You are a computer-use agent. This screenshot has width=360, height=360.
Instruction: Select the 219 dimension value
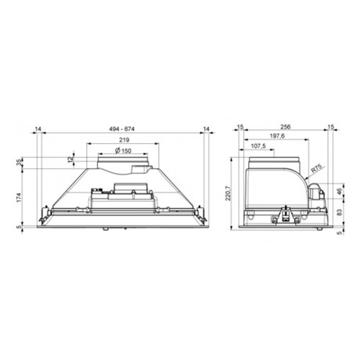[x=124, y=140]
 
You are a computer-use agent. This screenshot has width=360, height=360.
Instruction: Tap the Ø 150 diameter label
[x=123, y=150]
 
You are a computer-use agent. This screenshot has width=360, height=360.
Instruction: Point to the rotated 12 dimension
[x=70, y=159]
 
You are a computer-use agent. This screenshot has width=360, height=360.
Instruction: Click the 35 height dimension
[x=19, y=163]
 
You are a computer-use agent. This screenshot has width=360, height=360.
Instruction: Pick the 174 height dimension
[x=19, y=197]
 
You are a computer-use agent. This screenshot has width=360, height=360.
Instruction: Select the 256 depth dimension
[x=286, y=127]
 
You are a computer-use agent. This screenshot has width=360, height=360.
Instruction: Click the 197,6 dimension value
[x=270, y=135]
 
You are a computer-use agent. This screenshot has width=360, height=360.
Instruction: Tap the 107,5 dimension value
[x=258, y=146]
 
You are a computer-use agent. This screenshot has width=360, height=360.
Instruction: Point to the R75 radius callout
[x=317, y=169]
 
